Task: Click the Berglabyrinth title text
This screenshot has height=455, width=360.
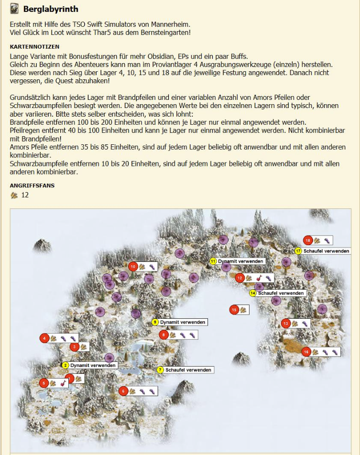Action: pyautogui.click(x=51, y=9)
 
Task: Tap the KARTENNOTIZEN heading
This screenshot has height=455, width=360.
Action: pyautogui.click(x=34, y=47)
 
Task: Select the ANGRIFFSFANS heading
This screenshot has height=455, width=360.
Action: pyautogui.click(x=32, y=185)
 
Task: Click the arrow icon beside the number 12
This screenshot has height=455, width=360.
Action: pyautogui.click(x=14, y=195)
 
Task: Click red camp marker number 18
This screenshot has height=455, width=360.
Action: pyautogui.click(x=308, y=240)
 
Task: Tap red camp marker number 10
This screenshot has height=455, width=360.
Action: pyautogui.click(x=133, y=266)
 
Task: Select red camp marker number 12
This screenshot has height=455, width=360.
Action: pyautogui.click(x=240, y=278)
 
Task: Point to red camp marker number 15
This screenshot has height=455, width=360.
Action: pyautogui.click(x=234, y=310)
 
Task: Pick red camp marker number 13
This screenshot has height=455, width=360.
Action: pyautogui.click(x=286, y=324)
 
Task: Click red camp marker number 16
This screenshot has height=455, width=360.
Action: pyautogui.click(x=306, y=352)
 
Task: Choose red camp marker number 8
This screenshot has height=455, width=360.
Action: pyautogui.click(x=164, y=335)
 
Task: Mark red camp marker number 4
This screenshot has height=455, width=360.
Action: pyautogui.click(x=44, y=338)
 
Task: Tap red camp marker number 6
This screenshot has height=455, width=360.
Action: pyautogui.click(x=123, y=391)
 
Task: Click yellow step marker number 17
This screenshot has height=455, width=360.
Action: pyautogui.click(x=298, y=251)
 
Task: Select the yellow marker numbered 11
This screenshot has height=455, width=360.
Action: pyautogui.click(x=213, y=261)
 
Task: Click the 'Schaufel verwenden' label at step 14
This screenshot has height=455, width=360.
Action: pyautogui.click(x=281, y=293)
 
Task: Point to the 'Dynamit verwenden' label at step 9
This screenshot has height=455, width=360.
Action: pyautogui.click(x=182, y=322)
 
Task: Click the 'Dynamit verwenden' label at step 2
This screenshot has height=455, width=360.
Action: pyautogui.click(x=93, y=365)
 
